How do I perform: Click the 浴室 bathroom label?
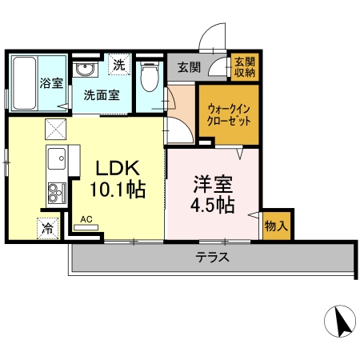tap(51, 82)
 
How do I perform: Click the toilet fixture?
tap(147, 79)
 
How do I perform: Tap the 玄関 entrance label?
tap(190, 66)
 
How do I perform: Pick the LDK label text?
tap(118, 168)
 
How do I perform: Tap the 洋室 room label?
tap(211, 182)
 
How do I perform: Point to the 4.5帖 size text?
tap(211, 205)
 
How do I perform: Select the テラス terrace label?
tap(213, 258)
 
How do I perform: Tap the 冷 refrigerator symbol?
tap(47, 228)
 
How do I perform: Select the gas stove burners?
tap(57, 193)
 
